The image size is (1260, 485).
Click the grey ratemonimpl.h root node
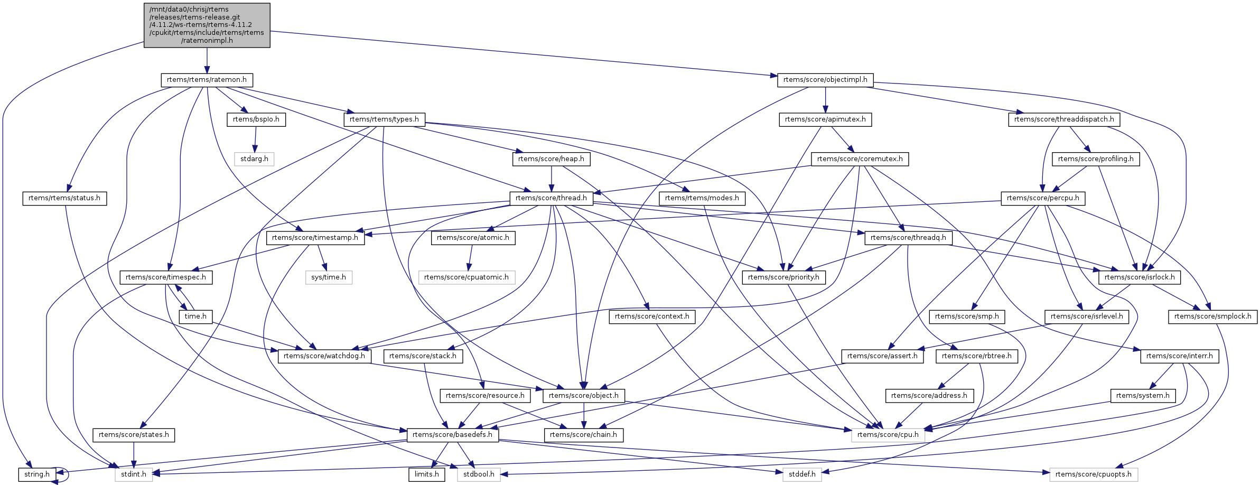click(x=207, y=25)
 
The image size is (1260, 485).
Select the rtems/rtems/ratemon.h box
click(x=207, y=80)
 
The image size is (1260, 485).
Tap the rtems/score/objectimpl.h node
click(x=825, y=80)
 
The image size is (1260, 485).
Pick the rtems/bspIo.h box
click(x=256, y=119)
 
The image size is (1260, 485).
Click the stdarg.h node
click(x=254, y=159)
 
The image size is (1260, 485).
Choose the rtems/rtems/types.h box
click(x=384, y=119)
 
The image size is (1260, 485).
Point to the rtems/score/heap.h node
click(x=551, y=159)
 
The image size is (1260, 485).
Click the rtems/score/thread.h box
click(x=551, y=198)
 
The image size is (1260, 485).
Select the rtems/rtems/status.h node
click(x=64, y=198)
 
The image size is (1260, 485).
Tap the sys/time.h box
click(x=329, y=277)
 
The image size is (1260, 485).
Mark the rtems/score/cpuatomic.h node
click(x=466, y=277)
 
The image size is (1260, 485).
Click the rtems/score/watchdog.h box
click(x=324, y=356)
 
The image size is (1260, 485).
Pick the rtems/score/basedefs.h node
click(x=452, y=435)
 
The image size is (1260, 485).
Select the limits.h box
click(x=426, y=474)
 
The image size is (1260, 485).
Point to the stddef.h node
click(x=802, y=474)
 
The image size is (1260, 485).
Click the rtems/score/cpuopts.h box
click(x=1094, y=474)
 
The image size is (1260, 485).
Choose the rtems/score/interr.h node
click(x=1179, y=356)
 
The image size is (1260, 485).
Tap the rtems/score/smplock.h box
click(x=1212, y=316)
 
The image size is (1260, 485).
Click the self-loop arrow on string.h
click(x=68, y=474)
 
